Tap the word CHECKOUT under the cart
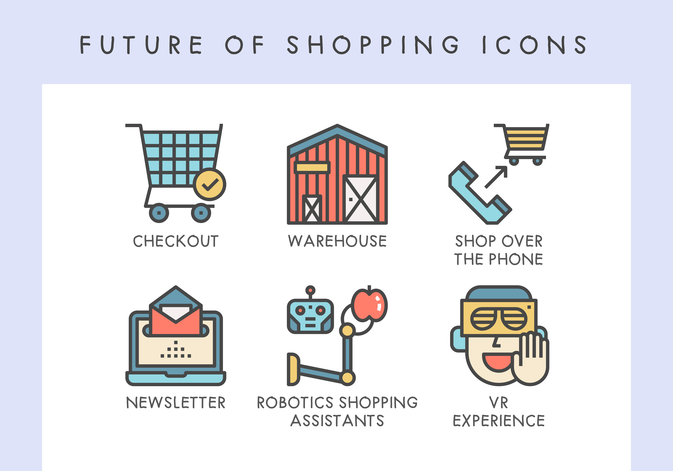[176, 241]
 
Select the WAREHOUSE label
[337, 241]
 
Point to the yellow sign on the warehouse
[312, 167]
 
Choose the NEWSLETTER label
[176, 402]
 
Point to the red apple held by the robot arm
[369, 305]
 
